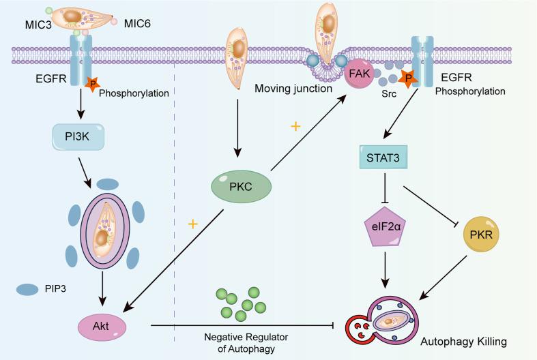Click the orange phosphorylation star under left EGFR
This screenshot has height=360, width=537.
92,85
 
